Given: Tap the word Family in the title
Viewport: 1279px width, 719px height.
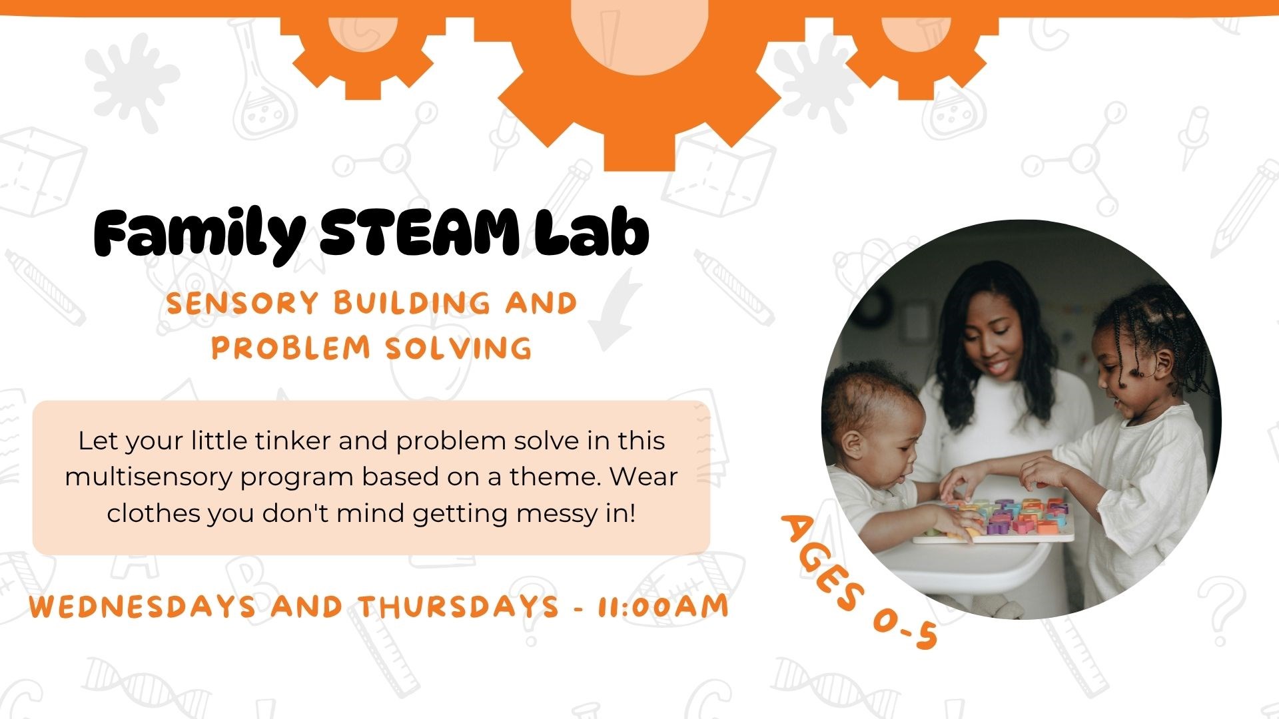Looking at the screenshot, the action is pos(199,234).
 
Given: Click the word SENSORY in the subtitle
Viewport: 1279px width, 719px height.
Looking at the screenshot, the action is pos(242,304).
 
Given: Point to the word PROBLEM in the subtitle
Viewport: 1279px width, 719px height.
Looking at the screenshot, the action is pos(290,348).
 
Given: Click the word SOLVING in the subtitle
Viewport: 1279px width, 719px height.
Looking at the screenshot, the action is pos(459,348).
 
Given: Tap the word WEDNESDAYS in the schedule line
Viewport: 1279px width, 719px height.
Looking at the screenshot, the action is pos(143,606).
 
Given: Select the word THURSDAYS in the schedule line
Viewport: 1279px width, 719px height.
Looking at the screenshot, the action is pos(458,606).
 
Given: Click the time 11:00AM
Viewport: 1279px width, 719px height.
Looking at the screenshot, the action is pos(663,606).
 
